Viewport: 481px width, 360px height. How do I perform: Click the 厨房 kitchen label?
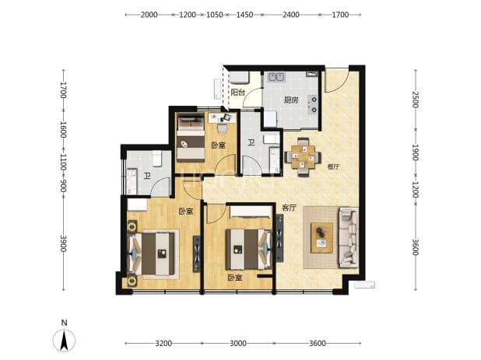[291, 100]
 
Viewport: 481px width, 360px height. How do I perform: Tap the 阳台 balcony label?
[238, 93]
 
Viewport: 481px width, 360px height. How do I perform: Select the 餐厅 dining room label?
[333, 167]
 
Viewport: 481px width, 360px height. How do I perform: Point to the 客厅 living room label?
[289, 208]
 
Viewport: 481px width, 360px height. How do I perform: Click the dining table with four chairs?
[303, 157]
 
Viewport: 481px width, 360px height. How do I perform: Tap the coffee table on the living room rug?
[321, 238]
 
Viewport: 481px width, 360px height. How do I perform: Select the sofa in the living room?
[349, 237]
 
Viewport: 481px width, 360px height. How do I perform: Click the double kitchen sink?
[277, 77]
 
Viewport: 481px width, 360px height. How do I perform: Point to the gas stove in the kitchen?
[314, 104]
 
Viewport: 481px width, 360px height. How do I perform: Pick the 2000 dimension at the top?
[149, 15]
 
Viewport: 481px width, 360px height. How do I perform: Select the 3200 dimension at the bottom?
[163, 343]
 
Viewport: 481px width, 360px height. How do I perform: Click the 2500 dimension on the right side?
[415, 100]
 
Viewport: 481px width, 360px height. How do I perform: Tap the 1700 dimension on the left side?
[63, 89]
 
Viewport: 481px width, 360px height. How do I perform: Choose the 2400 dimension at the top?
[291, 15]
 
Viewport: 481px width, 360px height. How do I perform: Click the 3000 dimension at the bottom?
[238, 343]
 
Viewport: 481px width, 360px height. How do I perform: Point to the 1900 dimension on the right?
[415, 152]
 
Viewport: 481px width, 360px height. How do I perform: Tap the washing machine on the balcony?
[239, 78]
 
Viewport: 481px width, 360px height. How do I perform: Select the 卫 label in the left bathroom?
[147, 176]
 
